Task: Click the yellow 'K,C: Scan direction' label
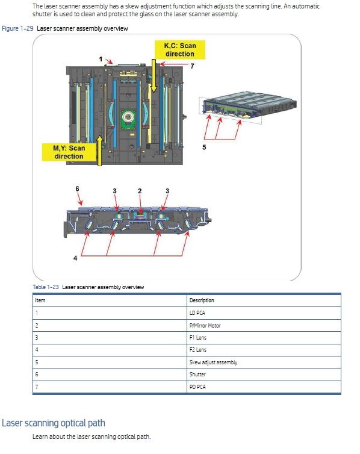point(180,50)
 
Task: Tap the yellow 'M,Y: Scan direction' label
point(69,152)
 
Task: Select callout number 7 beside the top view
point(192,66)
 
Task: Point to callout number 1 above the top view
point(101,59)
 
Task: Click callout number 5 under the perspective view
point(204,148)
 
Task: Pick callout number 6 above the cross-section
point(77,189)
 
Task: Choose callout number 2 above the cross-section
point(140,191)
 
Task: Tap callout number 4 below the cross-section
point(75,258)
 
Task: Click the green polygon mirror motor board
point(128,119)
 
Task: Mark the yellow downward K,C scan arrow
point(154,76)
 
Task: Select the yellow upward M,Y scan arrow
point(99,151)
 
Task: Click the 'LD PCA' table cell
point(197,313)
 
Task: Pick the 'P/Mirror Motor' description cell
point(205,325)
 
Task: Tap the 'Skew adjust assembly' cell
point(213,362)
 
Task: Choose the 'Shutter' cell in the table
point(197,375)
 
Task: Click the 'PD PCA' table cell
point(197,387)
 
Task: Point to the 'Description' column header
point(202,300)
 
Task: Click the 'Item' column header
point(40,300)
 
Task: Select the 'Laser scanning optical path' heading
point(54,423)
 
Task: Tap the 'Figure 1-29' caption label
point(17,28)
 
